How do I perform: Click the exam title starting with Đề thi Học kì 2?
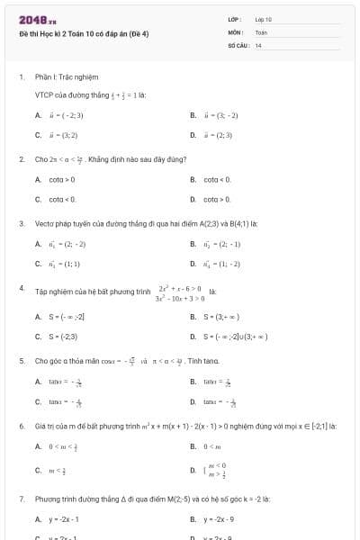pyautogui.click(x=72, y=31)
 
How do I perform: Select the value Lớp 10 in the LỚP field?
pyautogui.click(x=264, y=18)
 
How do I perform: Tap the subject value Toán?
pyautogui.click(x=262, y=31)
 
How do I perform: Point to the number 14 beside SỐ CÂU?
pyautogui.click(x=258, y=44)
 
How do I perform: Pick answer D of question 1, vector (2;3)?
pyautogui.click(x=220, y=135)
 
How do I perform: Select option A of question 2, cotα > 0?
pyautogui.click(x=63, y=180)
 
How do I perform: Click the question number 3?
pyautogui.click(x=22, y=222)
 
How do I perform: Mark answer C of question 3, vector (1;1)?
pyautogui.click(x=64, y=264)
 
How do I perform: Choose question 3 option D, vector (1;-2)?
pyautogui.click(x=220, y=264)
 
